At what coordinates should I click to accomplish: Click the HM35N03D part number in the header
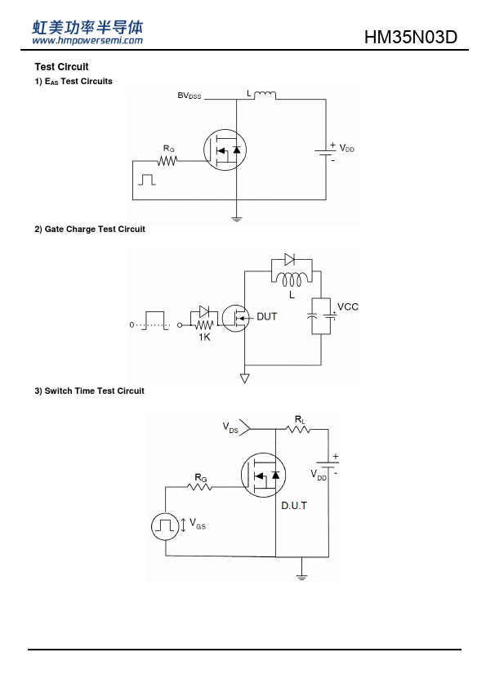pos(411,38)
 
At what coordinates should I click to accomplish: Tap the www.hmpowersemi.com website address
pos(87,40)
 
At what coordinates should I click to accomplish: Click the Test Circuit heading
pos(61,67)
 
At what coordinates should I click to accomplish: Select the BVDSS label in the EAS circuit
pos(189,96)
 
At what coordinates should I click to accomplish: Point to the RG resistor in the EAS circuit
pos(167,161)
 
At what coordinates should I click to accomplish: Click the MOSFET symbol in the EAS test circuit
pos(225,150)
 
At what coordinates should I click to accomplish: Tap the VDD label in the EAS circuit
pos(346,149)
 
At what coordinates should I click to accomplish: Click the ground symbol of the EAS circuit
pos(236,218)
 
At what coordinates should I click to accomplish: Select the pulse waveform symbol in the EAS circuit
pos(147,180)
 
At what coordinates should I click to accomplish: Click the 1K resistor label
pos(204,337)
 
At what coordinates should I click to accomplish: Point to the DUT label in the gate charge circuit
pos(266,316)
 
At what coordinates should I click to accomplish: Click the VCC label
pos(348,306)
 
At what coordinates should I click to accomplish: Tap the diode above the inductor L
pos(289,259)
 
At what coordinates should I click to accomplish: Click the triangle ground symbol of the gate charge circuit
pos(244,378)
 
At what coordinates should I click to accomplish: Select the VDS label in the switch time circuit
pos(230,427)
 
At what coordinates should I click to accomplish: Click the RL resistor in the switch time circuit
pos(298,429)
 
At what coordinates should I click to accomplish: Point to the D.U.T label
pos(294,506)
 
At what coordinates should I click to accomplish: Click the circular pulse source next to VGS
pos(165,526)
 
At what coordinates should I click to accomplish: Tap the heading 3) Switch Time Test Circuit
pos(90,391)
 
